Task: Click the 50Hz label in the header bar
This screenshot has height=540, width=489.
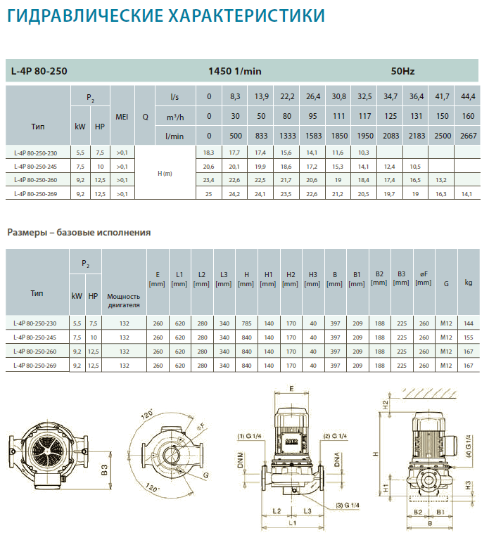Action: point(402,71)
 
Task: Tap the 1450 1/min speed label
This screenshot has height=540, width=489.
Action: point(235,71)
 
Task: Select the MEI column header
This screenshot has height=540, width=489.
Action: point(122,117)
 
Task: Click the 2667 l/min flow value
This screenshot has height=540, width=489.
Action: point(469,136)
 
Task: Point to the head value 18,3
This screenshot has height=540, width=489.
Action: point(208,153)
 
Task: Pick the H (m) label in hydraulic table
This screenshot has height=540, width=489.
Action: point(165,174)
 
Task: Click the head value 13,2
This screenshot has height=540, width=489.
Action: point(441,180)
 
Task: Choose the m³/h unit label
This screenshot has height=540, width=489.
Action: point(175,117)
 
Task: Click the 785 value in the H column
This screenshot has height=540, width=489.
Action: point(247,323)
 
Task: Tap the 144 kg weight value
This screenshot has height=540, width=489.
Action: point(469,323)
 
